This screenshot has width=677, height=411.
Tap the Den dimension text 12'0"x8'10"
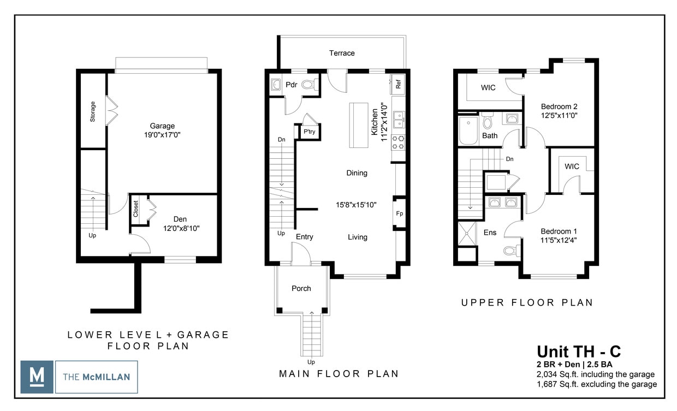[180, 229]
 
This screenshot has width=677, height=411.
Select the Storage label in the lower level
[93, 111]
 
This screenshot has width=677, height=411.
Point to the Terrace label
[342, 53]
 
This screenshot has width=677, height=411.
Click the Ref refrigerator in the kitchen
[398, 85]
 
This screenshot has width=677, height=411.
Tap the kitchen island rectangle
[359, 124]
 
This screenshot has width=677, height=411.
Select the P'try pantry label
[309, 132]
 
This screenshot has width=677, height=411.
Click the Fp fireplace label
[400, 213]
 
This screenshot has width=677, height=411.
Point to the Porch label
[301, 288]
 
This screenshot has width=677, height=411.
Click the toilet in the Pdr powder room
[309, 85]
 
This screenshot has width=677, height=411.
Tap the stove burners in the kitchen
[399, 142]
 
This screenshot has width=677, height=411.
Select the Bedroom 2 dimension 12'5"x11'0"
[559, 116]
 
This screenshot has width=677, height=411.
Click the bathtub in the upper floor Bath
[468, 130]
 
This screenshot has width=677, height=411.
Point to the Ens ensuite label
[490, 233]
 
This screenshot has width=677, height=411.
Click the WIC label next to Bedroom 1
[572, 166]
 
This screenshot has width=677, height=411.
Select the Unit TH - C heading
[578, 351]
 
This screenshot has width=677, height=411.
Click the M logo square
[37, 377]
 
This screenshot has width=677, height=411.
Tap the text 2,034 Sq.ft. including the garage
[596, 374]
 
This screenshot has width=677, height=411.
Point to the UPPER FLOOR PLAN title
[527, 302]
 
